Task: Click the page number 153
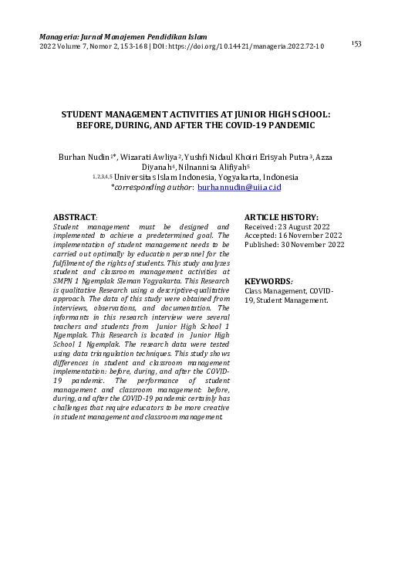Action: [x=356, y=43]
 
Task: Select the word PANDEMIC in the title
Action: [x=288, y=124]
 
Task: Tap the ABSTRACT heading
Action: [x=75, y=218]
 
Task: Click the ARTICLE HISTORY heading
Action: [x=281, y=218]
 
